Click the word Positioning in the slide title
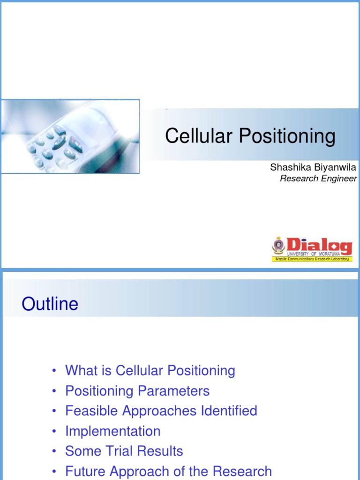[x=287, y=136]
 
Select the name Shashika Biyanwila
[x=313, y=167]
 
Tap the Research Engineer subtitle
[x=318, y=178]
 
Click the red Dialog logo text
[x=319, y=245]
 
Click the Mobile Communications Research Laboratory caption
[x=312, y=259]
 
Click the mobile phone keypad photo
[x=70, y=136]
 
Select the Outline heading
[x=50, y=305]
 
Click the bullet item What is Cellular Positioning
[x=150, y=371]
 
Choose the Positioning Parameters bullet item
[x=137, y=391]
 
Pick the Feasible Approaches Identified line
[x=161, y=411]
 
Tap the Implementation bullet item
[x=112, y=431]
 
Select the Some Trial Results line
[x=124, y=451]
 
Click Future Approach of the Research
[x=168, y=471]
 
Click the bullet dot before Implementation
[x=55, y=432]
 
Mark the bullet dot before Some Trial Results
[x=55, y=452]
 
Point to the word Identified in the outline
[x=229, y=411]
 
